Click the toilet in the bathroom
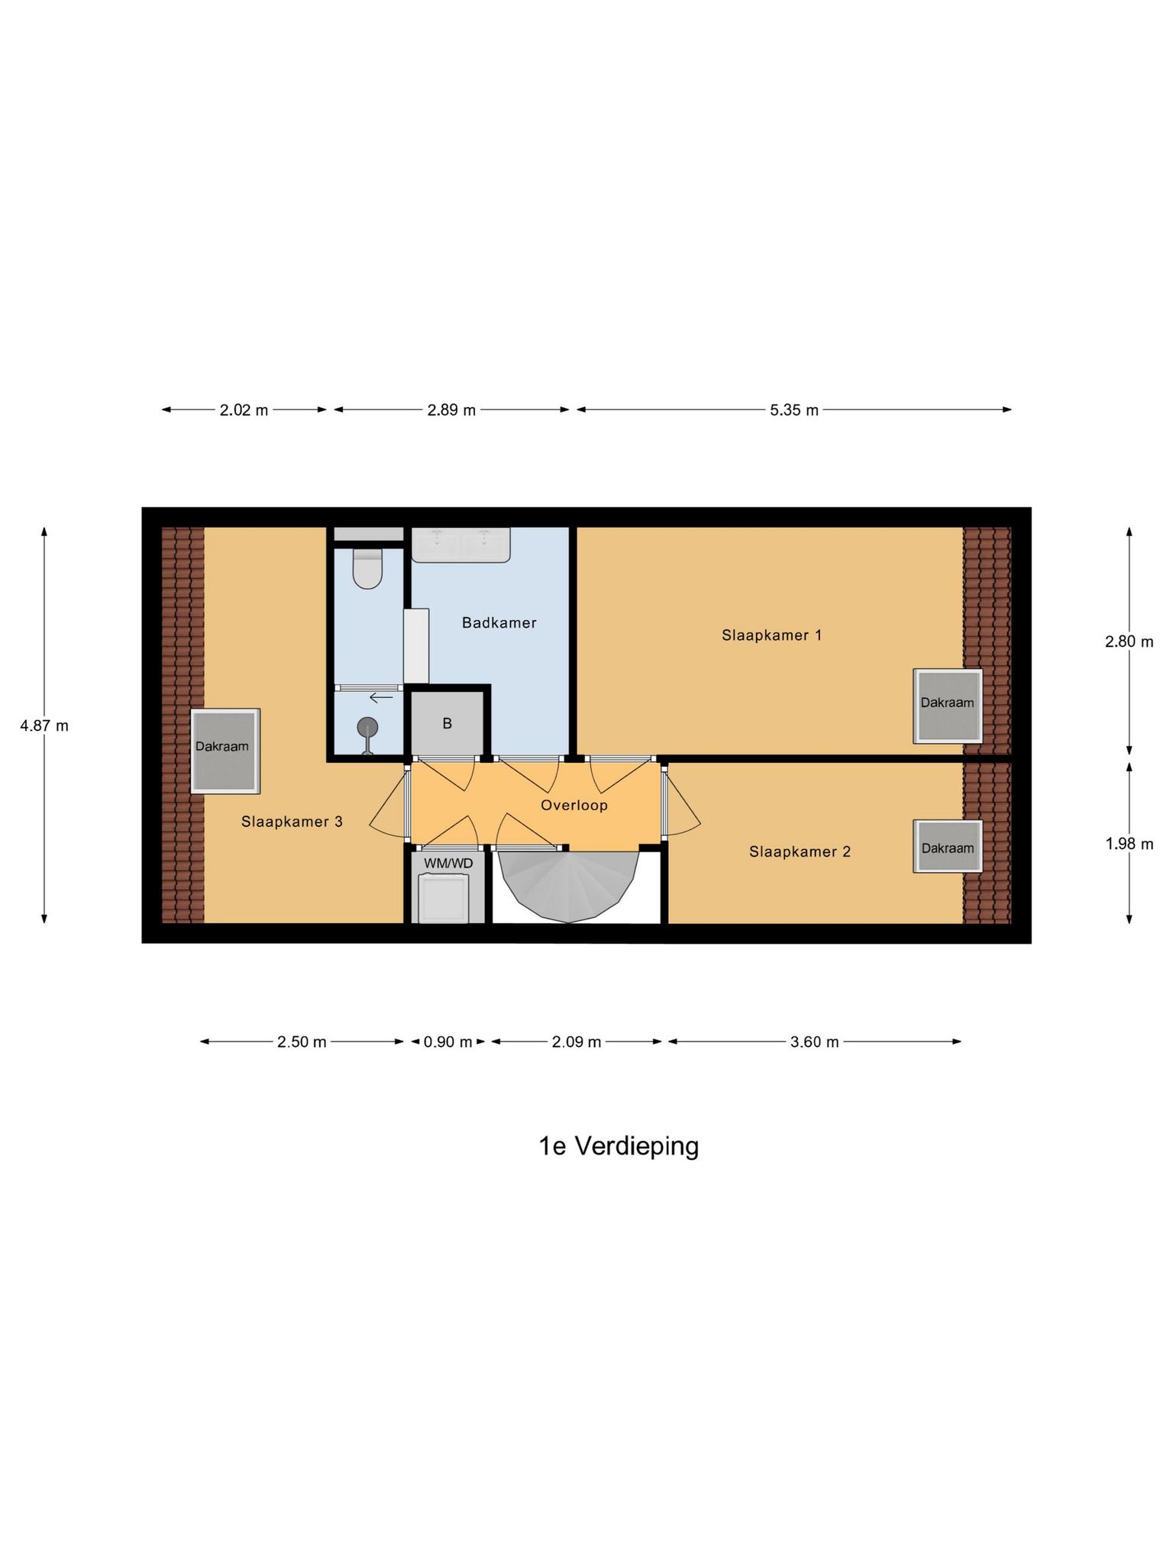point(367,570)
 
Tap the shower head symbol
point(367,728)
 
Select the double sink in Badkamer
point(460,544)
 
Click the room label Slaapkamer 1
point(771,635)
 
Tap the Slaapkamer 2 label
point(800,851)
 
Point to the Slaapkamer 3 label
point(292,822)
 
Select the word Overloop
point(574,805)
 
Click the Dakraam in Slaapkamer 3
point(225,751)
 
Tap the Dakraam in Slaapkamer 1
point(947,706)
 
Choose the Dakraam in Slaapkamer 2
point(947,847)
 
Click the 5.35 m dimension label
point(793,410)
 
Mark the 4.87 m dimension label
point(44,725)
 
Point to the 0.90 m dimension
point(448,1042)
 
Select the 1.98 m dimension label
point(1129,844)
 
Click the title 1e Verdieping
point(619,1146)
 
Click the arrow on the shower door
point(381,696)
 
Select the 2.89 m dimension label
point(451,410)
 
